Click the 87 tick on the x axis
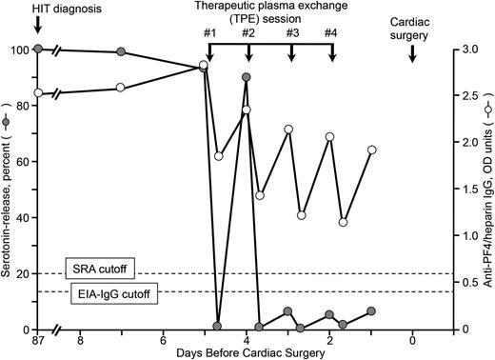(x=37, y=338)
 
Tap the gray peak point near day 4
(x=247, y=76)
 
